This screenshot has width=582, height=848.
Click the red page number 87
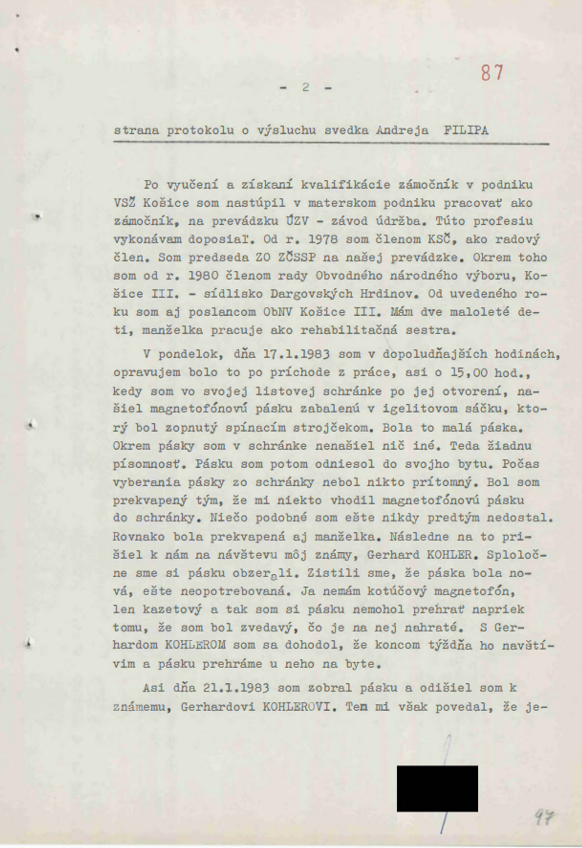(492, 73)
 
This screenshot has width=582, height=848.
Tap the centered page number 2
(306, 87)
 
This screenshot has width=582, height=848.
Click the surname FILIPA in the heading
(466, 130)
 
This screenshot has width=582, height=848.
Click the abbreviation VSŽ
(125, 203)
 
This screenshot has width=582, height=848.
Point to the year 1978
(323, 239)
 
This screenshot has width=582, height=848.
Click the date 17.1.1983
(297, 354)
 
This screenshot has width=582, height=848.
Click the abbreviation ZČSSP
(299, 257)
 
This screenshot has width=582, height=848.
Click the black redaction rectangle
(437, 789)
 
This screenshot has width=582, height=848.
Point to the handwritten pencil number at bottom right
(544, 817)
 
